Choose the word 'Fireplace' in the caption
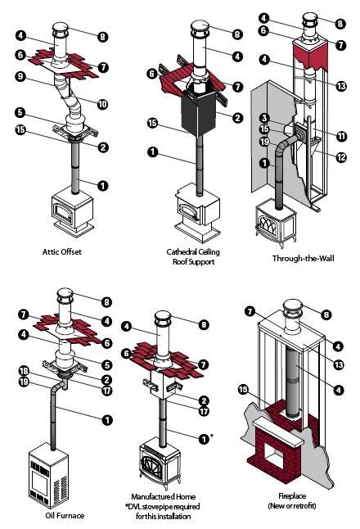(290, 499)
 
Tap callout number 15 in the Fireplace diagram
(241, 388)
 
